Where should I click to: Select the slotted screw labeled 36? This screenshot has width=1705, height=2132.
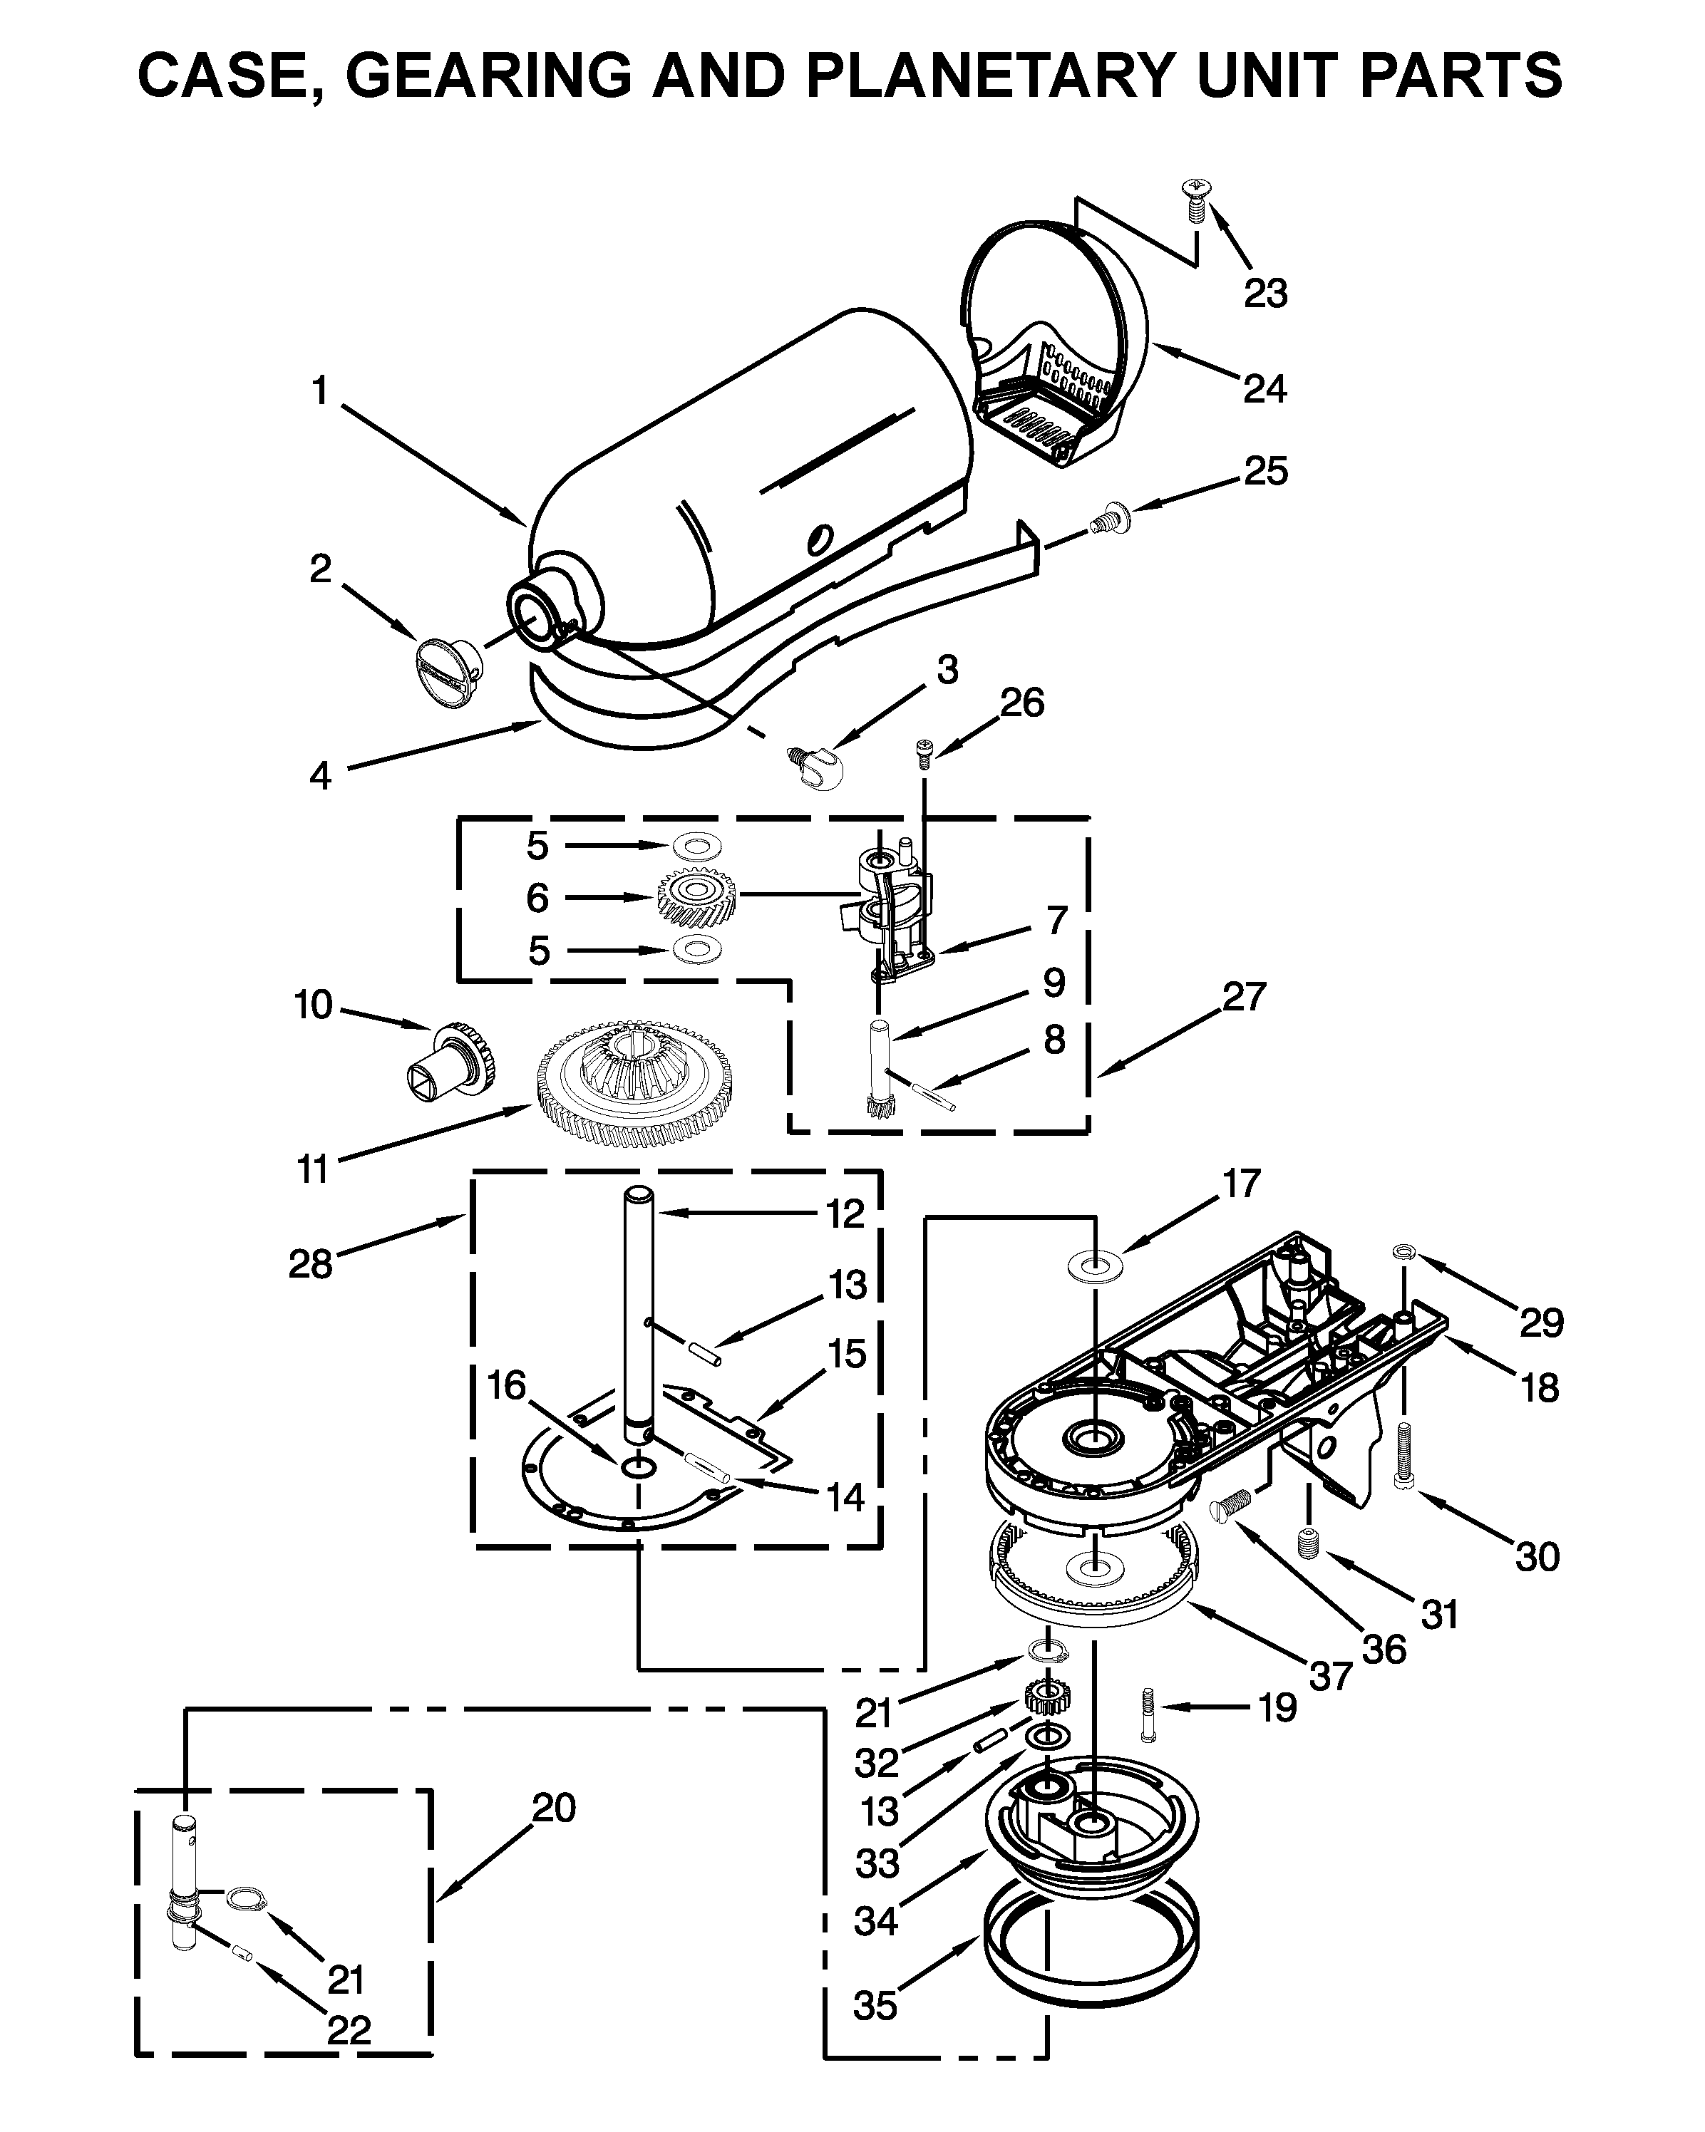click(1231, 1506)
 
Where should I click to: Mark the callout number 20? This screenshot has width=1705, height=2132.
click(553, 1808)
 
